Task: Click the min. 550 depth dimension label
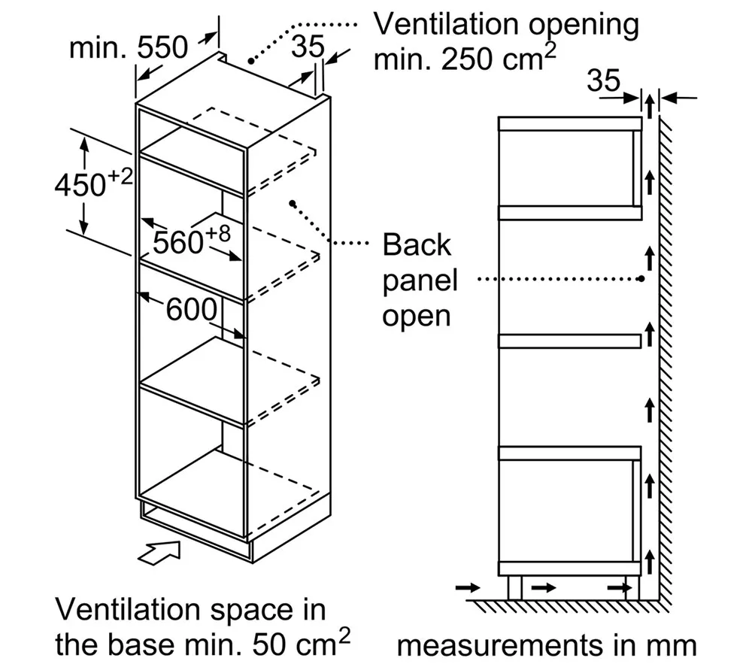tap(129, 48)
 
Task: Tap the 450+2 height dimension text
tap(93, 183)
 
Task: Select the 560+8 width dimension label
tap(191, 240)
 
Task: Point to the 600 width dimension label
tap(191, 309)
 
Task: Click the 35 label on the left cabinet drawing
tap(308, 47)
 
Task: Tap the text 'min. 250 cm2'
tap(465, 59)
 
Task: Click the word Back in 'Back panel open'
tap(417, 244)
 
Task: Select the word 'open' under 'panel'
tap(417, 317)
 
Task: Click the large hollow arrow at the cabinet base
tap(159, 553)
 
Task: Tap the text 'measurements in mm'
tap(547, 645)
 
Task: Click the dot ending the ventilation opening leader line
tap(251, 61)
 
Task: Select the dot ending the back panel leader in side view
tap(641, 278)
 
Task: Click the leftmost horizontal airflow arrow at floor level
tap(468, 587)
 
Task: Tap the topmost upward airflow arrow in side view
tap(650, 107)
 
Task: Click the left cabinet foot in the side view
tap(514, 588)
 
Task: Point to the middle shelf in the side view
tap(570, 341)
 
